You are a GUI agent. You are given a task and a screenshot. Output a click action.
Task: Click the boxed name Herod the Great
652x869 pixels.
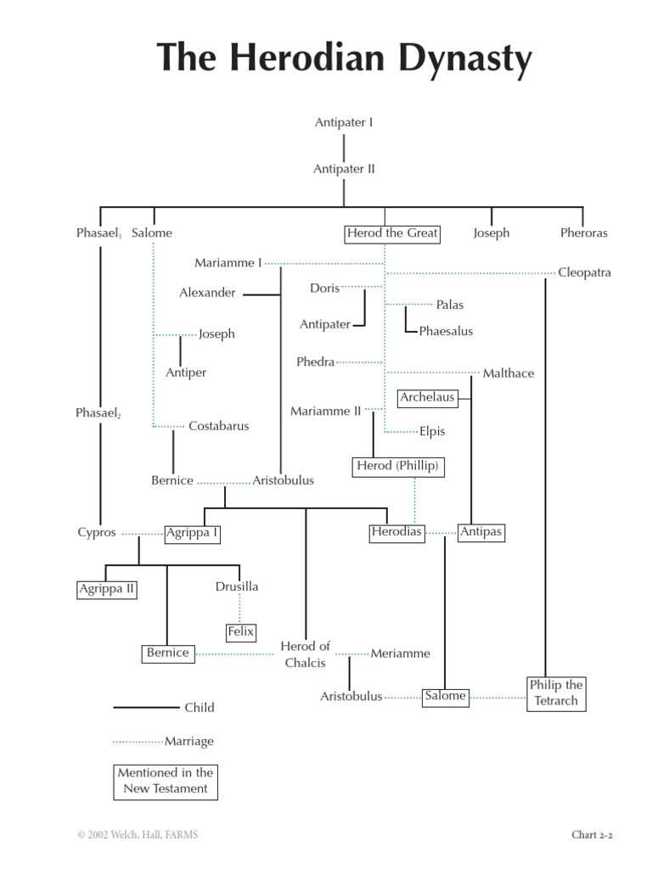pyautogui.click(x=392, y=233)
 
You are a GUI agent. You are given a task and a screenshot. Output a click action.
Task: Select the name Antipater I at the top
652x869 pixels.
pyautogui.click(x=344, y=122)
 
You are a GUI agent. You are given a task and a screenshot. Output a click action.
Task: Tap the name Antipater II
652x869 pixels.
pyautogui.click(x=344, y=169)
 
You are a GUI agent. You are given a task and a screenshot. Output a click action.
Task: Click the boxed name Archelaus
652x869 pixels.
pyautogui.click(x=428, y=397)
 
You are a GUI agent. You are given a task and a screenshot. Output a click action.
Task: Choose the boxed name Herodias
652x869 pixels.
pyautogui.click(x=396, y=533)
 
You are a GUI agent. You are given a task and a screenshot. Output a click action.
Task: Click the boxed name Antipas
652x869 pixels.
pyautogui.click(x=481, y=533)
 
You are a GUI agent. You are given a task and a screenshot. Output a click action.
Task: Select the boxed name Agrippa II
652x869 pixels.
pyautogui.click(x=107, y=589)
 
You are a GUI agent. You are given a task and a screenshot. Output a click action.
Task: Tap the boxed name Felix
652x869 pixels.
pyautogui.click(x=240, y=631)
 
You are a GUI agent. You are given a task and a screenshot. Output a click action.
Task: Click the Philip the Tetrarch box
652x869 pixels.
pyautogui.click(x=556, y=692)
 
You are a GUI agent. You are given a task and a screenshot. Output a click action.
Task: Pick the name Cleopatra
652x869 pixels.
pyautogui.click(x=584, y=272)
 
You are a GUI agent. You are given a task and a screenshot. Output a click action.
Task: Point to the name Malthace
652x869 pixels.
pyautogui.click(x=508, y=373)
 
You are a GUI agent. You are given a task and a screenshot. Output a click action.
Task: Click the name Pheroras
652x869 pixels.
pyautogui.click(x=583, y=233)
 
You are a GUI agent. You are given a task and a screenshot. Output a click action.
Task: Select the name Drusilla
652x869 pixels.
pyautogui.click(x=237, y=586)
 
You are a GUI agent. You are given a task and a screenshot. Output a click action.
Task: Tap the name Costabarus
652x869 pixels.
pyautogui.click(x=218, y=426)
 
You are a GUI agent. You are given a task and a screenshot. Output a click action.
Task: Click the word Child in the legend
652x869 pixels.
pyautogui.click(x=200, y=708)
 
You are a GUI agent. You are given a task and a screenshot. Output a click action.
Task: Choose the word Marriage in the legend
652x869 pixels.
pyautogui.click(x=188, y=741)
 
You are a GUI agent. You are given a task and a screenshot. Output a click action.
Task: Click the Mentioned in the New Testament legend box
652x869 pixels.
pyautogui.click(x=166, y=780)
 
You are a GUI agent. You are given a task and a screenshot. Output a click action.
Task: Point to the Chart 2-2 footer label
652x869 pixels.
pyautogui.click(x=592, y=835)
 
